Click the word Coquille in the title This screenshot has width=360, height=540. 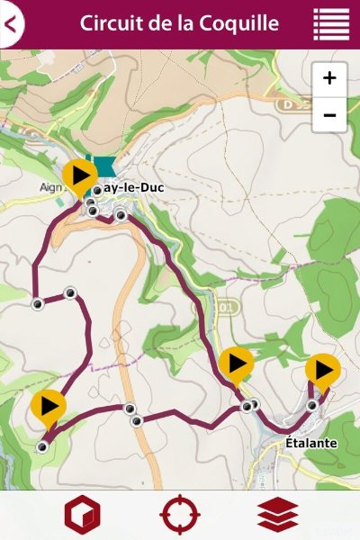click(x=243, y=23)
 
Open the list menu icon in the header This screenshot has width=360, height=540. click(x=331, y=24)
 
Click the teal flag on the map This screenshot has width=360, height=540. click(x=104, y=167)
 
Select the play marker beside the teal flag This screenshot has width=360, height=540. click(x=80, y=174)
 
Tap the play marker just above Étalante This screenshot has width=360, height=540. click(x=323, y=369)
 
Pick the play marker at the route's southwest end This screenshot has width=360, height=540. click(x=49, y=407)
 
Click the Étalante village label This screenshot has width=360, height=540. click(x=310, y=443)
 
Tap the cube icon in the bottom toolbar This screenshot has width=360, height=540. click(x=82, y=516)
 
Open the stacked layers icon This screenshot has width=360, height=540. click(x=277, y=516)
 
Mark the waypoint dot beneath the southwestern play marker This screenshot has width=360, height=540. click(x=41, y=446)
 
